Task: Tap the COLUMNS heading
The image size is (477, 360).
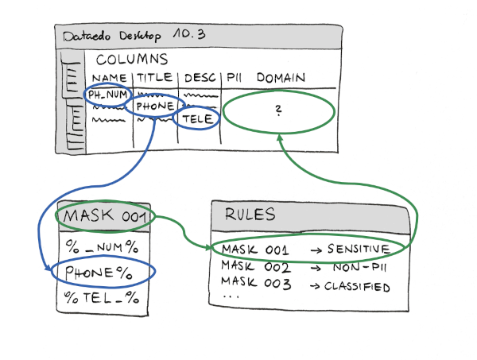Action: pos(132,60)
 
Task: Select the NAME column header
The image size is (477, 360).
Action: pos(110,78)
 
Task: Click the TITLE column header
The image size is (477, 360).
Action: pos(155,78)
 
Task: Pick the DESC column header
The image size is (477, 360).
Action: pos(198,78)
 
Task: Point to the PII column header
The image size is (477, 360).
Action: pos(235,78)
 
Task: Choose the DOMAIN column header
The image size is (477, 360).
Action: pos(281,78)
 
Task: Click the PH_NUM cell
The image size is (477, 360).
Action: pos(108,95)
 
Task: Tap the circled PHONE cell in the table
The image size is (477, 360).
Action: pos(155,106)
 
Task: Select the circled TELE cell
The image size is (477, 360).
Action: pos(198,119)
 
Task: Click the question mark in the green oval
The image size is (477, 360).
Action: pos(278,113)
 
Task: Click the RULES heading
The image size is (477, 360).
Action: pos(251,215)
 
